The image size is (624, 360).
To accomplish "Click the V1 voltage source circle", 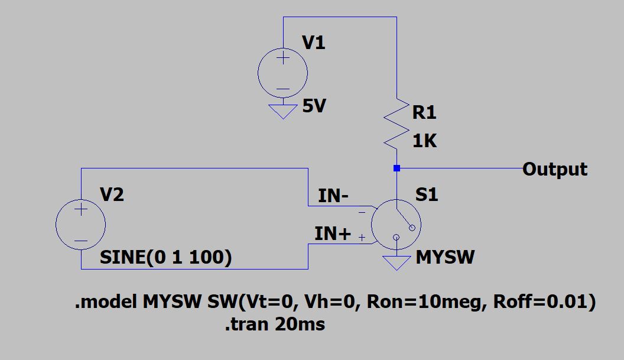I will (x=282, y=73).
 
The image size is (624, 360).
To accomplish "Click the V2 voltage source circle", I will (x=80, y=225).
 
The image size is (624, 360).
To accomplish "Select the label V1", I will (x=313, y=43).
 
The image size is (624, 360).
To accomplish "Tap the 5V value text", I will (x=314, y=107).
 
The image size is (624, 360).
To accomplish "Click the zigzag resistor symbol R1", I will (x=396, y=124).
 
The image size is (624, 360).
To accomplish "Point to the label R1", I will (x=424, y=112).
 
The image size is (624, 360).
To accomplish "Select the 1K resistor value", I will (x=424, y=141).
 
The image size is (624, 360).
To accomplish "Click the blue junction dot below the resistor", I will (x=396, y=168).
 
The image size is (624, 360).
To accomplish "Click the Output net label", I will (x=555, y=169).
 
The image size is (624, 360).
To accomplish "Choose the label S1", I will (x=427, y=194).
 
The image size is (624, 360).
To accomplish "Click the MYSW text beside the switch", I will (x=444, y=257).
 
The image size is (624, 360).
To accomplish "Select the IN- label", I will (x=333, y=196).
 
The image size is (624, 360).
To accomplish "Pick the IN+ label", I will (x=333, y=233).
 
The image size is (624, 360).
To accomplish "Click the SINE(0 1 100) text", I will (x=165, y=257).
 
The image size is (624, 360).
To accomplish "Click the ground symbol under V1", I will (x=282, y=111).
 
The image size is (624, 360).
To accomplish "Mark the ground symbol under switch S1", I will (x=396, y=262).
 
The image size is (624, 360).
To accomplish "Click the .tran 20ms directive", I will (x=274, y=324).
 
